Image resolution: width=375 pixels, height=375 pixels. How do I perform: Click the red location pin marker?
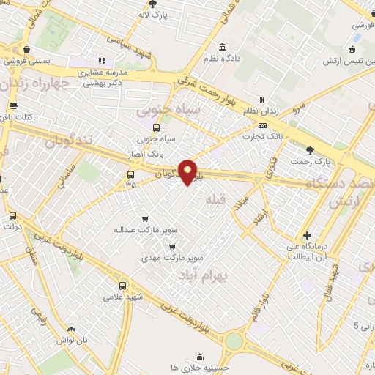pos(188,172)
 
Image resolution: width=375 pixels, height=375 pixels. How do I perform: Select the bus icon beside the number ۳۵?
pos(130,174)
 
